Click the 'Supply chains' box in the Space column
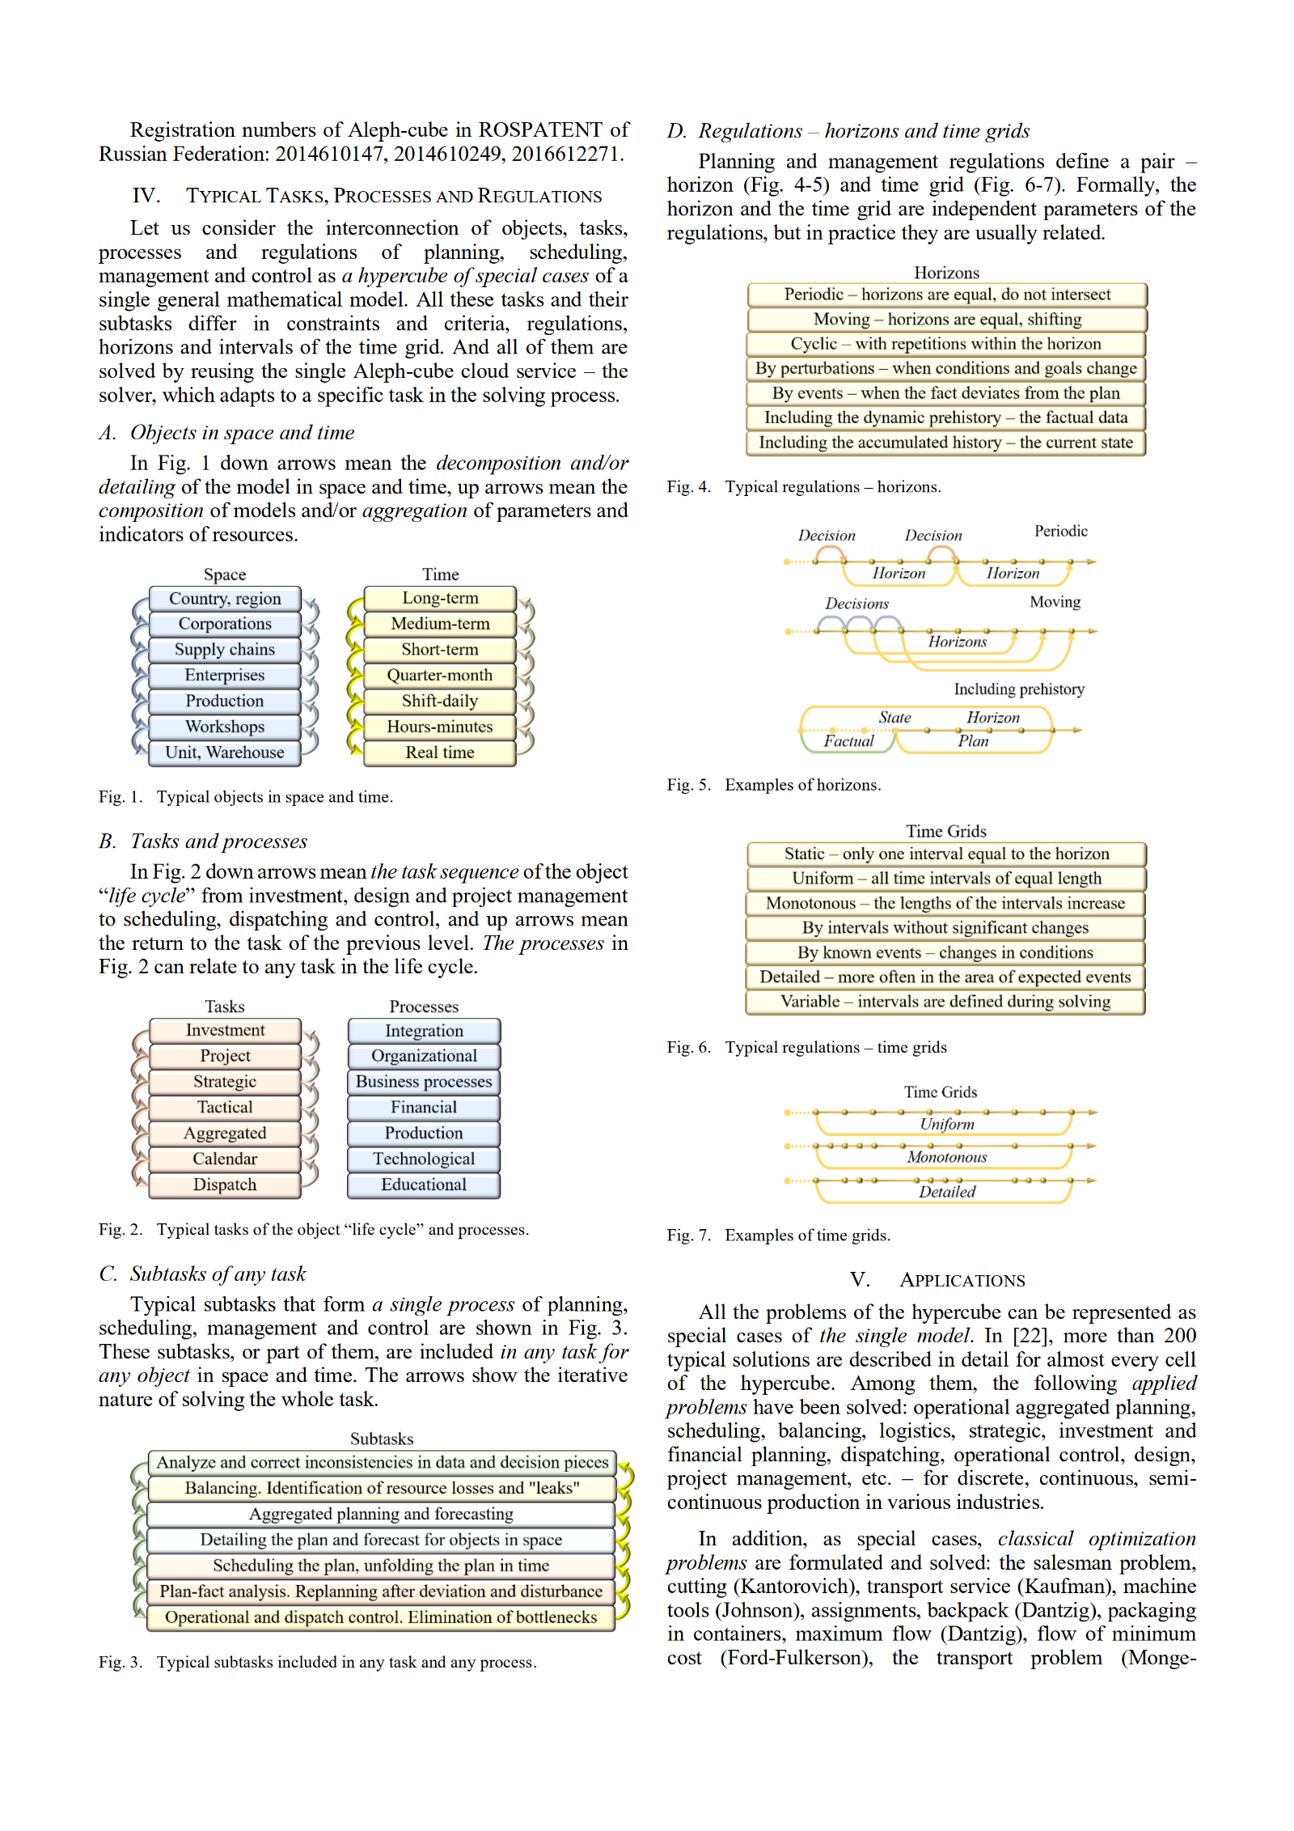click(225, 650)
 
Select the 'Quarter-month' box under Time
click(439, 676)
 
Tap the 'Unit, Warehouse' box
click(225, 752)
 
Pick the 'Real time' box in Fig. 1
click(439, 752)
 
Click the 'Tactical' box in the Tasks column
click(225, 1108)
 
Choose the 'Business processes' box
click(424, 1082)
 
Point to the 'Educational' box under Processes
click(424, 1185)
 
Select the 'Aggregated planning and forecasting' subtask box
click(381, 1514)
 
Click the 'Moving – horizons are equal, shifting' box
click(946, 320)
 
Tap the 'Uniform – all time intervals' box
click(946, 879)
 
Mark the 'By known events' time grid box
click(946, 952)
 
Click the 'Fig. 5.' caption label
click(688, 785)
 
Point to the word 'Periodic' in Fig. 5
click(1060, 531)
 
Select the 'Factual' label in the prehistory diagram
click(848, 741)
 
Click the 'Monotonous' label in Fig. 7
click(946, 1157)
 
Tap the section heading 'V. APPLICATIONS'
click(938, 1280)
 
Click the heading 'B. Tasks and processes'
click(203, 841)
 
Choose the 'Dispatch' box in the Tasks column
click(225, 1185)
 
